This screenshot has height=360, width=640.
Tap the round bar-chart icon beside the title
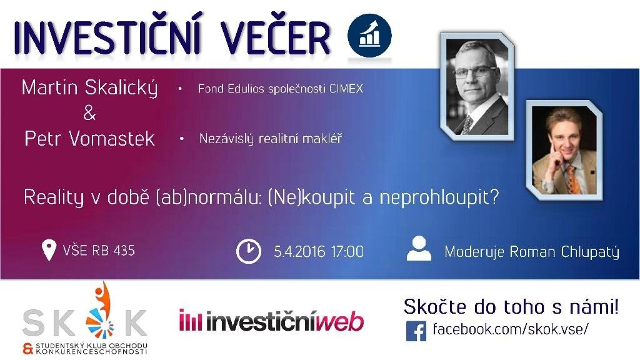coord(369,36)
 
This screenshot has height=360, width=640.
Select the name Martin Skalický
coord(89,88)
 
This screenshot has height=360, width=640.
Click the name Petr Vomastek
coord(89,139)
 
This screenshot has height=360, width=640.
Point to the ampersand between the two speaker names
coord(89,113)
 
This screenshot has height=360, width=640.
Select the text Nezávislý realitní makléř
coord(270,139)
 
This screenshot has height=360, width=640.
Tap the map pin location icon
coord(49,250)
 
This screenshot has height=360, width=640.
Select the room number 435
coord(124,250)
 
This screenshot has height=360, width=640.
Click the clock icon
coord(249,251)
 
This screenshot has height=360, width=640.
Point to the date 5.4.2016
coord(299,251)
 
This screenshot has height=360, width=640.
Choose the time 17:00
coord(347,251)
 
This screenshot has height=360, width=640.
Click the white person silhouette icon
coord(419,248)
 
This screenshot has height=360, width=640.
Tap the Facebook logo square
coord(416,331)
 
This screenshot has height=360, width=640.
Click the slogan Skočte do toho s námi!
coord(511,306)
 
